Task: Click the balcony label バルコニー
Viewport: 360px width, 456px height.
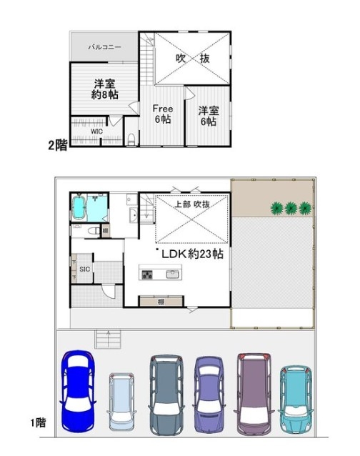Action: [x=104, y=47]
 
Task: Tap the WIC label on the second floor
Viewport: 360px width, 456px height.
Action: [x=96, y=132]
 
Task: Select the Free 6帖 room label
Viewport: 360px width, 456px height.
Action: [x=163, y=114]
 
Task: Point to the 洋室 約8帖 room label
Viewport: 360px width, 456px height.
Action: [x=104, y=89]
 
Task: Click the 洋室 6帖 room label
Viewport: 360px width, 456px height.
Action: [x=209, y=116]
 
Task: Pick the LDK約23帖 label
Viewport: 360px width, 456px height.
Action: [x=192, y=254]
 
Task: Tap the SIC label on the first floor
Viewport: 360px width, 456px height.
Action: [x=85, y=269]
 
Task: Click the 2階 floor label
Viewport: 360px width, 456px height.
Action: [x=58, y=145]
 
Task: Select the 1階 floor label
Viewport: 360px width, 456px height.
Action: [x=39, y=422]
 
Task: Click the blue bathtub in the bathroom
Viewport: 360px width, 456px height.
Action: [x=79, y=207]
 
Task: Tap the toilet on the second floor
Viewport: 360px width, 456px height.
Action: [x=131, y=139]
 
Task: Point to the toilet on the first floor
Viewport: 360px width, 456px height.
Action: [x=94, y=231]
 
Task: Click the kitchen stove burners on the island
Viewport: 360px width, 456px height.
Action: [x=147, y=274]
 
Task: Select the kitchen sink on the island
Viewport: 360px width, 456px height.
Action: [x=172, y=274]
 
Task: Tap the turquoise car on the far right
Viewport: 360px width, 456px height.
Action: [x=296, y=400]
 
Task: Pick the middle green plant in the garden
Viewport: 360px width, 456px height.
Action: [x=291, y=208]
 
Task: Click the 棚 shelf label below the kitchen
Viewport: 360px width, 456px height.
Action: [x=161, y=302]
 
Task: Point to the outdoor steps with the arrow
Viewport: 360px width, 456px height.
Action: [x=108, y=339]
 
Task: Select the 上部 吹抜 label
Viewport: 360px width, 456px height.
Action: [x=192, y=204]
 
